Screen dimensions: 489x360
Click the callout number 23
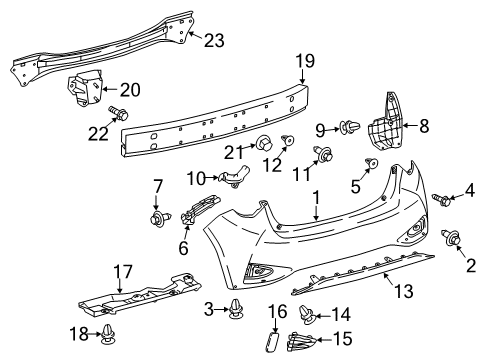pos(214,41)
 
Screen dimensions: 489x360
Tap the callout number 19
pos(305,61)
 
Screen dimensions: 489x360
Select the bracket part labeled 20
pos(85,87)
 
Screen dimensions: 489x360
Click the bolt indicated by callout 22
pos(118,113)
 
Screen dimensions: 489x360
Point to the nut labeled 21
pos(264,143)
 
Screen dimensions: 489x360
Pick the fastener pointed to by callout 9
pos(350,127)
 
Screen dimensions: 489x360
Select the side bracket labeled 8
pos(385,123)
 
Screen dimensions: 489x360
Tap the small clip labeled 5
pos(372,163)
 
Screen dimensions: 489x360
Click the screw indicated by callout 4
pos(442,199)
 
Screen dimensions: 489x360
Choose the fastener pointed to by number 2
pos(451,237)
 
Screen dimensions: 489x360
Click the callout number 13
pos(404,291)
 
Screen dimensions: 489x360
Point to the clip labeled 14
pos(306,315)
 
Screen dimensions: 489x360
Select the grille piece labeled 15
pos(301,341)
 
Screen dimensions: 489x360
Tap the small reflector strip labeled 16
pos(273,341)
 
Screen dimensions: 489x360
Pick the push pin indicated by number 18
pos(108,335)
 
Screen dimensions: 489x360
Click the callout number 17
pos(123,272)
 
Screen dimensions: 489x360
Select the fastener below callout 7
pos(160,218)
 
